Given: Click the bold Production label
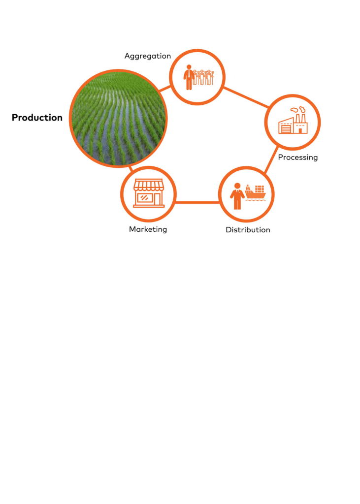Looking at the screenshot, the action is coord(37,118).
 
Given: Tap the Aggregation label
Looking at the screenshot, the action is coord(148,56).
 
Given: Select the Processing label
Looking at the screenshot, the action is coord(298,157).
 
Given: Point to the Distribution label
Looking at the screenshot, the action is coord(248,230).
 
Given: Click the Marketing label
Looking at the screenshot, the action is coord(148,229).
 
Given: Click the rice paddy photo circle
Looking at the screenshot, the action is coord(118,118).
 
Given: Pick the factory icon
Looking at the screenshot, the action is coord(293,120).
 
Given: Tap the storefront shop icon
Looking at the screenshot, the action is coord(149,193).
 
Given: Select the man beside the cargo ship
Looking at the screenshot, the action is coord(237,196).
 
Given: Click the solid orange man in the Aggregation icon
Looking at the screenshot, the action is coord(189,77).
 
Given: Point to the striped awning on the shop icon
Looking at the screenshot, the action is coord(149,185).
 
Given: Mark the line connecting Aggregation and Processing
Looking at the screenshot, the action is coord(246,97).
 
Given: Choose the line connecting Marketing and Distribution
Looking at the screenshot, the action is coord(197,202).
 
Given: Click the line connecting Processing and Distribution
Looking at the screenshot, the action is coord(271,160).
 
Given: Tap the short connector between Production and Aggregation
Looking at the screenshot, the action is coord(164,89).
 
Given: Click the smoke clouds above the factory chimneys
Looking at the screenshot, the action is coord(297,110).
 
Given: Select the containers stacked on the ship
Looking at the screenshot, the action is coord(260,189).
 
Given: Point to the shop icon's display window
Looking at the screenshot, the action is coord(144,198).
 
